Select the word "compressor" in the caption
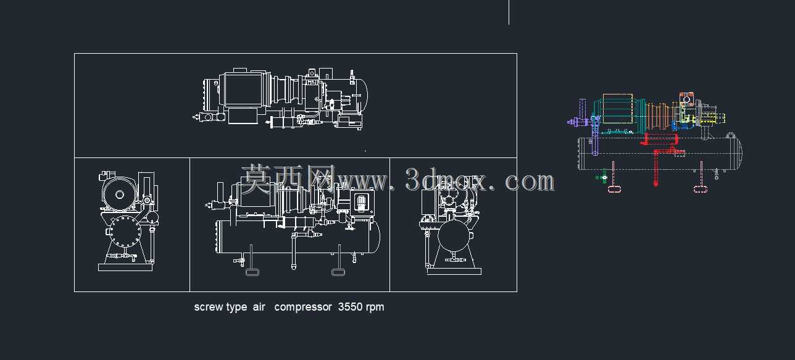tap(303, 307)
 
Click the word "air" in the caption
tap(259, 307)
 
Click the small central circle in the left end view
tap(120, 195)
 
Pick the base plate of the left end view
tap(125, 267)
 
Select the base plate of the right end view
tap(454, 272)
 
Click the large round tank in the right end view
tap(454, 236)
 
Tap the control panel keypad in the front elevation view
tap(361, 202)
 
